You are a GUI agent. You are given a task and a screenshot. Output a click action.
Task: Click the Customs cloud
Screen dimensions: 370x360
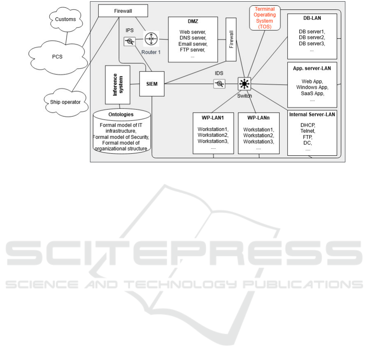point(66,19)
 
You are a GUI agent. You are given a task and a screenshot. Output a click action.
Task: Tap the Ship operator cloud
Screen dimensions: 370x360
point(66,102)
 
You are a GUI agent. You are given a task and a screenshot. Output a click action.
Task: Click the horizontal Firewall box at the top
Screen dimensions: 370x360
point(123,11)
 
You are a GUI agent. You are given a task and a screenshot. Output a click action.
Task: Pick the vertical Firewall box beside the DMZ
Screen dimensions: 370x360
point(231,39)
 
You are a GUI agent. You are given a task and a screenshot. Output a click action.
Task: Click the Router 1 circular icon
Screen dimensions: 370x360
point(151,39)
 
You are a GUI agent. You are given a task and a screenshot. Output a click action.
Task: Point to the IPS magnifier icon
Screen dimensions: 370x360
point(129,42)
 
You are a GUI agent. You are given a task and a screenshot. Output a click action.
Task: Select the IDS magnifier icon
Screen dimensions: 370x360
point(219,84)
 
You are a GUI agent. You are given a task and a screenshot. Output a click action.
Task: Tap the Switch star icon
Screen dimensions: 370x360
point(244,84)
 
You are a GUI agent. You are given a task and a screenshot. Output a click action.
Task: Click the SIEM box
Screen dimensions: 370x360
point(152,84)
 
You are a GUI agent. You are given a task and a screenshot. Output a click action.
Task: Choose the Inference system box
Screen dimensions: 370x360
point(117,85)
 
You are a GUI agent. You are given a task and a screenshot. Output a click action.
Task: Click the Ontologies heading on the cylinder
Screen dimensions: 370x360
point(121,115)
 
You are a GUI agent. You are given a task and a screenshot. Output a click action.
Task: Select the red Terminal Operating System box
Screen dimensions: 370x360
point(265,18)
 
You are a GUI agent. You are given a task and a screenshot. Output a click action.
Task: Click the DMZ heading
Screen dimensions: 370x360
point(193,21)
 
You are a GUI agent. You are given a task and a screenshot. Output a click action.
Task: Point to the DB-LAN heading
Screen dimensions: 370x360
point(312,18)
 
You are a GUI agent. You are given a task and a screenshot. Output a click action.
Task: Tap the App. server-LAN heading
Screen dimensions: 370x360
point(312,69)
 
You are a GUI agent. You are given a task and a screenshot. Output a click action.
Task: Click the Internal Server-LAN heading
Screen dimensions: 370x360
point(312,115)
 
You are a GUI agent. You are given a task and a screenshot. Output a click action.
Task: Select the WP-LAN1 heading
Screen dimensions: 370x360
point(213,118)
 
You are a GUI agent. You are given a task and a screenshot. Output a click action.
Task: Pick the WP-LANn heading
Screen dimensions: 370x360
point(258,118)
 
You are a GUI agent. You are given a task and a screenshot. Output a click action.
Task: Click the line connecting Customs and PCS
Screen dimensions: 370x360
point(66,38)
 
